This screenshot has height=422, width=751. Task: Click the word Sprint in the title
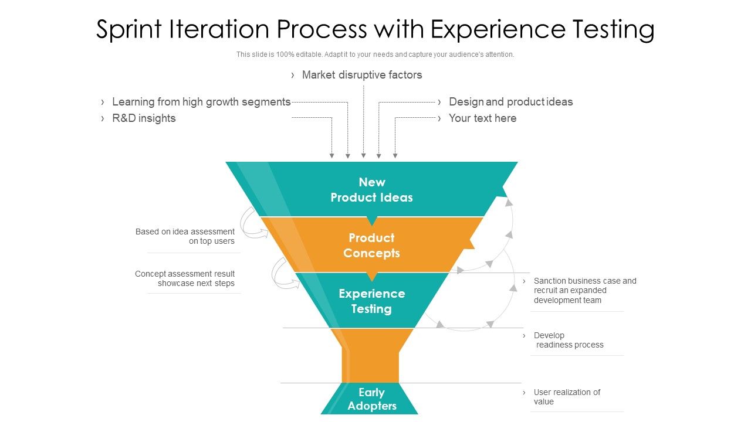pos(130,30)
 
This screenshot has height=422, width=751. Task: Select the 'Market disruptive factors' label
pos(361,75)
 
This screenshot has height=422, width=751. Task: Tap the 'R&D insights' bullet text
pos(144,118)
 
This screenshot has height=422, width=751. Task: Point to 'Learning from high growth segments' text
pos(201,102)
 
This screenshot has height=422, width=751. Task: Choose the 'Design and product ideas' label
pos(510,102)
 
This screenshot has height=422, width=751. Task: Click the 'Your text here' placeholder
pos(482,118)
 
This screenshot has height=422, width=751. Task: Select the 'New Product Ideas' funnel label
pos(371,190)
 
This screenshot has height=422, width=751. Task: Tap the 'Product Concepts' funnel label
pos(371,246)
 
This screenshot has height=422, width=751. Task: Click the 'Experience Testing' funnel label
pos(371,301)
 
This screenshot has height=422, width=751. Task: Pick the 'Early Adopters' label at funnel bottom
pos(371,399)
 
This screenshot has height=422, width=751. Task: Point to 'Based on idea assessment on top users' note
pos(185,236)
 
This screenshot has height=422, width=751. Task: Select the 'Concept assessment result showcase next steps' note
pos(185,278)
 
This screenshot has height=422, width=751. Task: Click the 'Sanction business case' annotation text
pos(584,290)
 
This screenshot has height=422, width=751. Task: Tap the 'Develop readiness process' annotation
pos(568,340)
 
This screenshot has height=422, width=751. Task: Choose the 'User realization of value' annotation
pos(567,397)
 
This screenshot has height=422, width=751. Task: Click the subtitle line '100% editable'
pos(375,55)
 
